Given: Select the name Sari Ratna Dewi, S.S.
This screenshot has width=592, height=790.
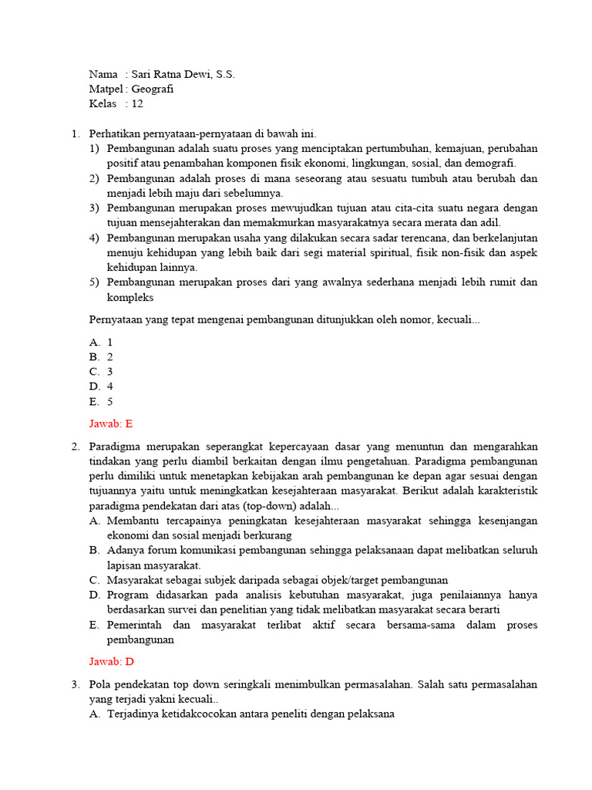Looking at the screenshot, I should pos(183,74).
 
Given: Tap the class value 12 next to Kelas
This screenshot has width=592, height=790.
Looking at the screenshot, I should pos(137,103).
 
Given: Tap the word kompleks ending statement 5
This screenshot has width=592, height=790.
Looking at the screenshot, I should pos(130,297).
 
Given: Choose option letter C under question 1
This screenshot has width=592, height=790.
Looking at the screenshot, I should pos(95,371).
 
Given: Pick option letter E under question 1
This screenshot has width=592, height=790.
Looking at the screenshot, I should pos(95,401).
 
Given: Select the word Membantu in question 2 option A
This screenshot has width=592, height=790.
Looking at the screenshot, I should pos(133,521).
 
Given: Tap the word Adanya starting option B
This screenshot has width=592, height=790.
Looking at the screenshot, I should pos(126,550).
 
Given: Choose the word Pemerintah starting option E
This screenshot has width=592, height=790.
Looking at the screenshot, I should pos(136,624).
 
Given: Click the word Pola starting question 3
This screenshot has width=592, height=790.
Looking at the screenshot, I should pos(101,684).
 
